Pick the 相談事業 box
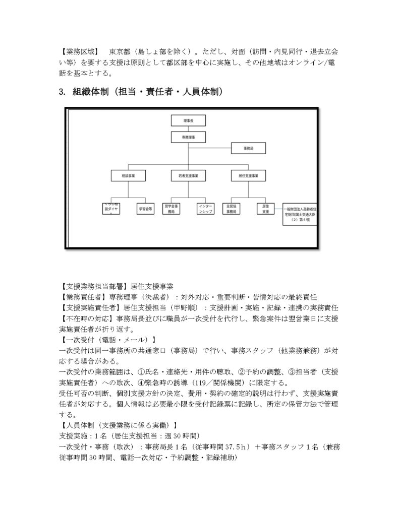pyautogui.click(x=129, y=176)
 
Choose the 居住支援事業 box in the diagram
pyautogui.click(x=249, y=176)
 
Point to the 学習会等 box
pyautogui.click(x=146, y=209)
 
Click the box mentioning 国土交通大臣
pyautogui.click(x=301, y=213)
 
